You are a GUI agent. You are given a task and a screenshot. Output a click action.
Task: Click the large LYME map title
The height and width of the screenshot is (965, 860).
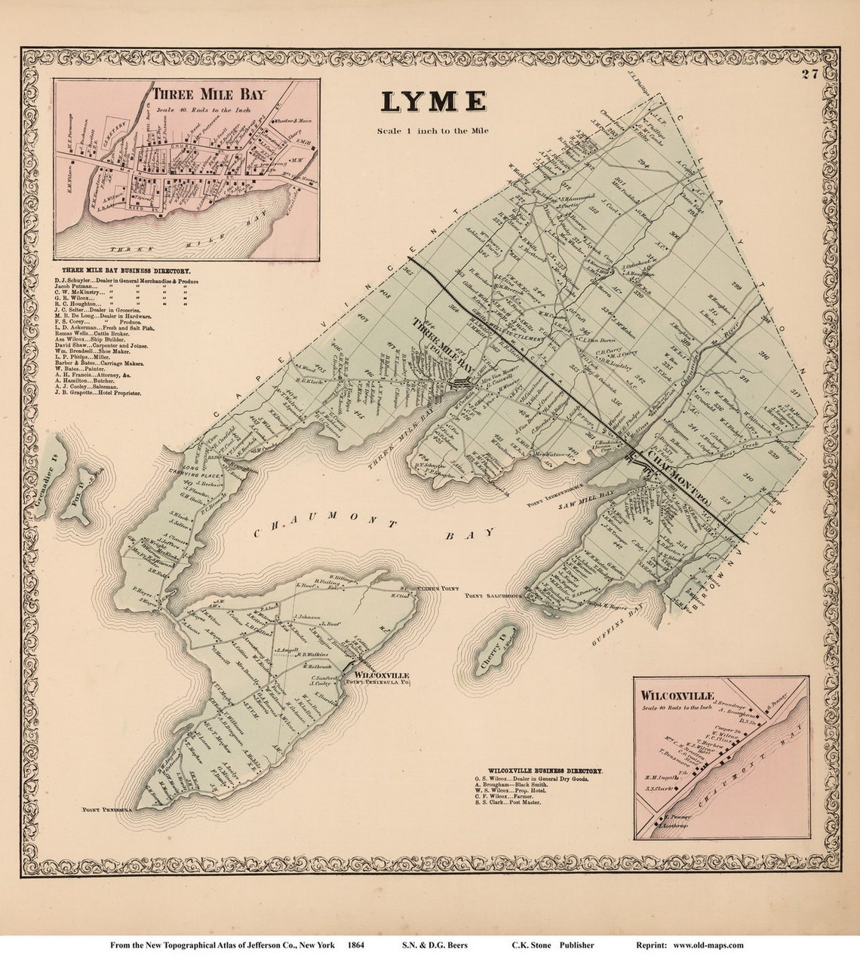[433, 102]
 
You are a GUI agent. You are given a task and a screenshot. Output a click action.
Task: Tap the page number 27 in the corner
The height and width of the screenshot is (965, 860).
[810, 74]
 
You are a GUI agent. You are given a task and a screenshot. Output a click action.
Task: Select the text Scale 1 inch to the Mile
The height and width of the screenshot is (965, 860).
[433, 130]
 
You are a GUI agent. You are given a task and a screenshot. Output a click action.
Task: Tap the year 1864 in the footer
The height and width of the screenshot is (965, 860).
[357, 945]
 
